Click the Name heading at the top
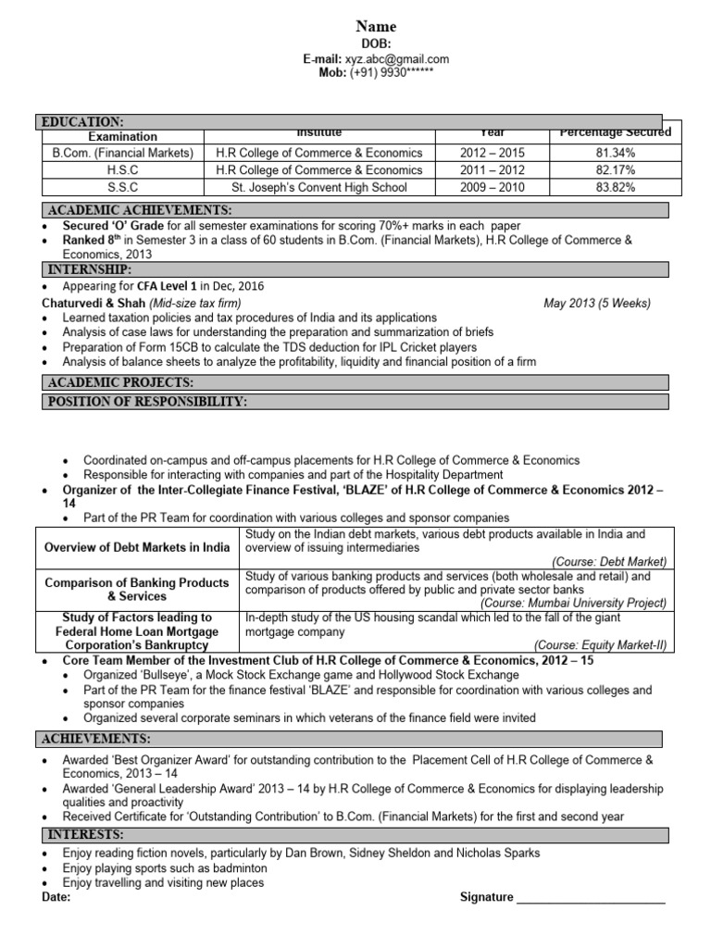[376, 27]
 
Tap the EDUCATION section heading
[81, 122]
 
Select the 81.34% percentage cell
[616, 153]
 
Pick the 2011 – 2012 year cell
[493, 170]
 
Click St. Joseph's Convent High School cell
[318, 187]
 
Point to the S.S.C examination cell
[123, 187]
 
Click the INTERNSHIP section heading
[89, 269]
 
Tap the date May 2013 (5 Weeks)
[596, 303]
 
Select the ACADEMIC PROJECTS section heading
[119, 382]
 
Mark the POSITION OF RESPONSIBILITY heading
[146, 401]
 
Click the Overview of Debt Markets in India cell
[137, 547]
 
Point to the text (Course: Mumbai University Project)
[598, 602]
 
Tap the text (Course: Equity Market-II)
[600, 645]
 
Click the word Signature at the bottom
[486, 897]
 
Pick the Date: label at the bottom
[57, 897]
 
